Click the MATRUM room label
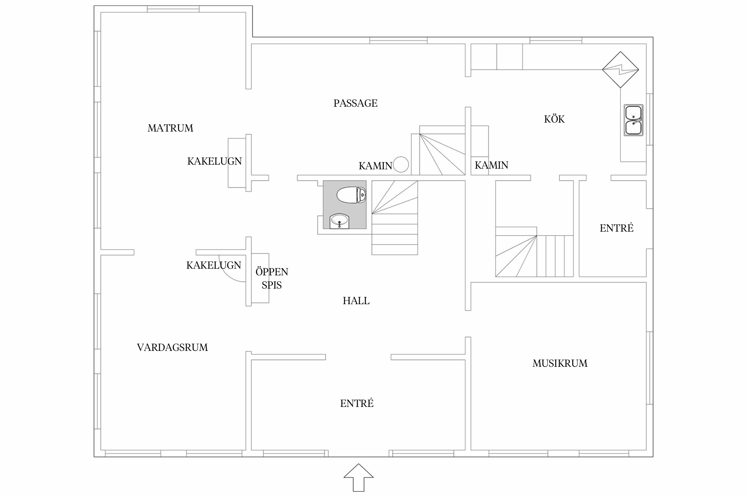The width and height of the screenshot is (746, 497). [170, 128]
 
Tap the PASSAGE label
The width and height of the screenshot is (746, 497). [355, 103]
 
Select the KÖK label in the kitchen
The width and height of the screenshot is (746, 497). [554, 119]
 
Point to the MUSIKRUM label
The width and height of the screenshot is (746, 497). [560, 363]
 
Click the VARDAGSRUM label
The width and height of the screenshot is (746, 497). [172, 347]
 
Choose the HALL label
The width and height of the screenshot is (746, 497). [356, 301]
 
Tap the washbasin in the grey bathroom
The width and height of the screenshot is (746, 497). [339, 221]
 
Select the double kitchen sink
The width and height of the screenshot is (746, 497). [633, 120]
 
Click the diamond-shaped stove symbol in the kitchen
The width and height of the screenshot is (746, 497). [620, 70]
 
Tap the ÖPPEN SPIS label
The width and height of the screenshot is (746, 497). [272, 278]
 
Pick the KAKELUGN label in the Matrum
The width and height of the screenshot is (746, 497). [215, 161]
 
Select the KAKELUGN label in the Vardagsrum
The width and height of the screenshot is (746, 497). [214, 265]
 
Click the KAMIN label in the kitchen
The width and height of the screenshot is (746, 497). [491, 165]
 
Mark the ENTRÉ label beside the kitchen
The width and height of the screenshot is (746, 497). [616, 228]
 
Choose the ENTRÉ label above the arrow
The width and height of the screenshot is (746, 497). [357, 403]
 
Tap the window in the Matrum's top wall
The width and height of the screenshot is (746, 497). [173, 9]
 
